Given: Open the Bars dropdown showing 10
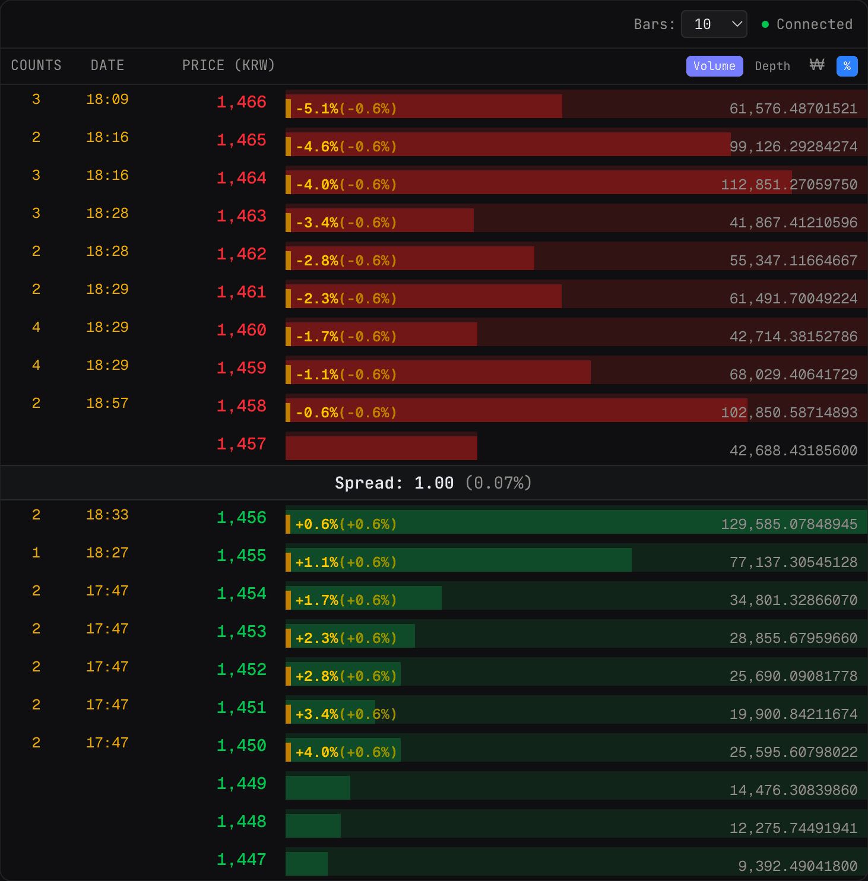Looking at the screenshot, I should click(714, 24).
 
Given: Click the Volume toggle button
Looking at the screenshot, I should click(714, 66).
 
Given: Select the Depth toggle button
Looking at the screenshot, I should click(772, 66).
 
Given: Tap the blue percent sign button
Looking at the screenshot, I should click(847, 66).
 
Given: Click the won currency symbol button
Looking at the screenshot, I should click(817, 65).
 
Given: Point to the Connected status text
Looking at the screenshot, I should click(814, 24).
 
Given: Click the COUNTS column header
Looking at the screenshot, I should click(36, 65).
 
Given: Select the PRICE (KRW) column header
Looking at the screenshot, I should click(228, 65).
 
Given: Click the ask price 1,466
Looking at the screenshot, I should click(241, 102).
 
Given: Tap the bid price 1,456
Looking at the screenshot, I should click(241, 518).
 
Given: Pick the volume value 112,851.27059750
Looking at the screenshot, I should click(789, 185).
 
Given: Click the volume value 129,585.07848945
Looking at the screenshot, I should click(789, 524).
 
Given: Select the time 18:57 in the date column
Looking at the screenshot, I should click(107, 404).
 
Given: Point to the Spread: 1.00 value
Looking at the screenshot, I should click(394, 483).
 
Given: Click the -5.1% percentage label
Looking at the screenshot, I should click(317, 109).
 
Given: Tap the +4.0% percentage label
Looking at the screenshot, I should click(317, 753).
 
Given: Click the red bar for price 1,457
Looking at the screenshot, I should click(381, 448).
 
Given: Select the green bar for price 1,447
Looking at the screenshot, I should click(306, 864).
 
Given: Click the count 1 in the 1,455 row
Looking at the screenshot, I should click(36, 553).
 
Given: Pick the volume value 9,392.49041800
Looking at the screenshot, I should click(797, 866).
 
